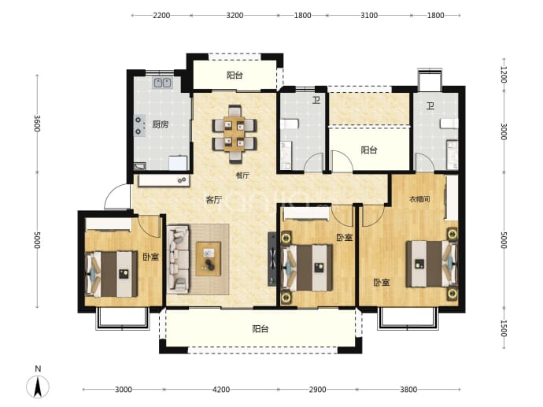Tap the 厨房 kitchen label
tap(161, 124)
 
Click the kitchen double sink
tap(162, 83)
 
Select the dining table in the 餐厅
tap(235, 134)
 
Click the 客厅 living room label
tap(214, 200)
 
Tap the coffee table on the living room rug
tap(208, 259)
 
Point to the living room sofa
tap(179, 260)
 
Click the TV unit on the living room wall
tap(272, 259)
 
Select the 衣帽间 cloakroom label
tap(419, 199)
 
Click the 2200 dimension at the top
tap(161, 15)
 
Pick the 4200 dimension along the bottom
tap(221, 390)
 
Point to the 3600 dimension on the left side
tap(38, 124)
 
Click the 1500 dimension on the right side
tap(504, 328)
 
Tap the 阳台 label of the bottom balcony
tap(260, 329)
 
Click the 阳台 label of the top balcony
tap(235, 75)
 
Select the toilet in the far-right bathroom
tap(449, 124)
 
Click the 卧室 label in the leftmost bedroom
tap(151, 257)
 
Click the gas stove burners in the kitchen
tap(139, 126)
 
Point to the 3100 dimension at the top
tap(369, 15)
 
